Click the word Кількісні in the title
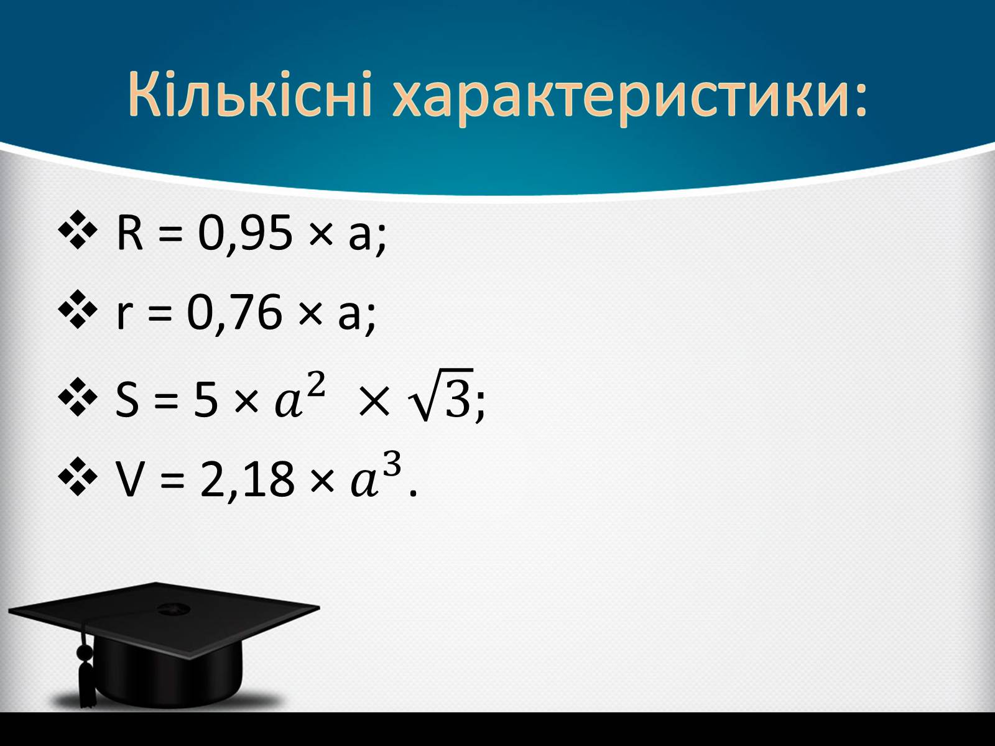pos(250,94)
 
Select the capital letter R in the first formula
pos(129,233)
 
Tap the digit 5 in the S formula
pos(205,400)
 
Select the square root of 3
pos(440,395)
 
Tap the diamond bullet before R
pos(78,230)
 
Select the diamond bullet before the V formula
pos(78,477)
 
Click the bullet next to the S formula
pos(78,397)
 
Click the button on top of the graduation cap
pos(173,609)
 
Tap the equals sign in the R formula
pos(170,234)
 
